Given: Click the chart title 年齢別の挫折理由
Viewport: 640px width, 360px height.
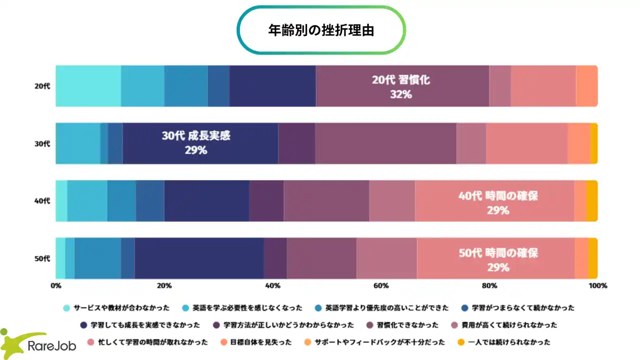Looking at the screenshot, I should click(320, 30).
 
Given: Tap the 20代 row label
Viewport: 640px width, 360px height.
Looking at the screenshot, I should click(42, 86).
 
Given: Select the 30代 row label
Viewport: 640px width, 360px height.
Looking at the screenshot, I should click(42, 143).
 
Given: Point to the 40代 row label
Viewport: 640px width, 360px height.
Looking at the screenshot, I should click(42, 201).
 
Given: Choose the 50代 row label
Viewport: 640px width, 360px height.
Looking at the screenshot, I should click(42, 258).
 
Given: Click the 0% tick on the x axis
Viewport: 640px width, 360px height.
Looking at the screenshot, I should click(56, 286).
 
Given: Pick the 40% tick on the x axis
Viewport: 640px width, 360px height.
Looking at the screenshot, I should click(272, 286).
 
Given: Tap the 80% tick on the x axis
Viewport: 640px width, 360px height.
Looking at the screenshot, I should click(489, 286).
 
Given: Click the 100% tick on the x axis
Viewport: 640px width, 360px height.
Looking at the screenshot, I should click(597, 286).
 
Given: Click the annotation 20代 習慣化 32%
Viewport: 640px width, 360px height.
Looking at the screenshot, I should click(401, 86).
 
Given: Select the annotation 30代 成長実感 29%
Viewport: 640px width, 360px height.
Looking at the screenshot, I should click(196, 142).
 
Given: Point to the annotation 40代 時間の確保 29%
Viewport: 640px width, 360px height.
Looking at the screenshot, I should click(498, 202).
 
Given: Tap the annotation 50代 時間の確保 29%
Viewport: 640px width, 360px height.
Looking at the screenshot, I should click(498, 260).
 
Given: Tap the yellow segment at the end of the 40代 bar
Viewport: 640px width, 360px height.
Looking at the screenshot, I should click(592, 201).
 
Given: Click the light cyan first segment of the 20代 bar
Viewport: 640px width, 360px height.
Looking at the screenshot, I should click(88, 86).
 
